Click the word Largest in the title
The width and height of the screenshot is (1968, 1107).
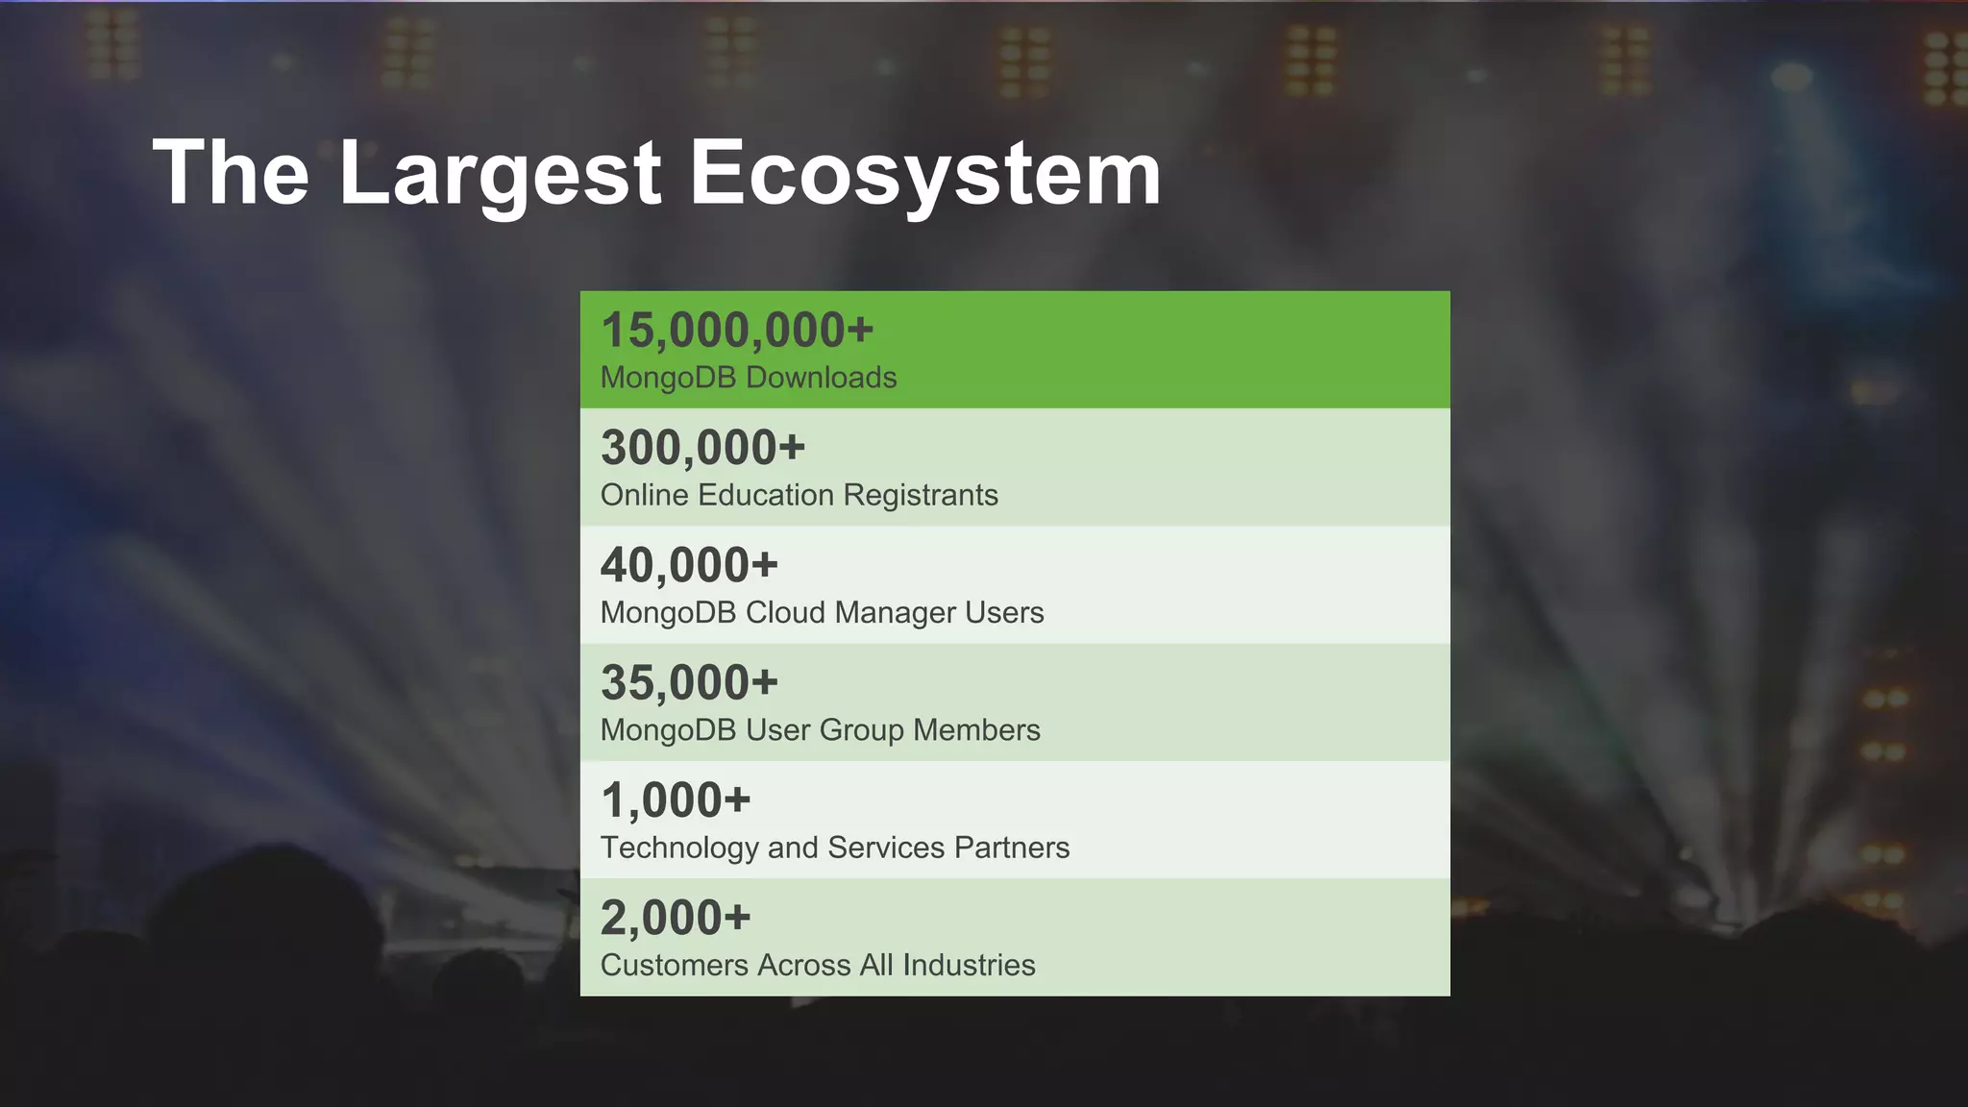pyautogui.click(x=500, y=173)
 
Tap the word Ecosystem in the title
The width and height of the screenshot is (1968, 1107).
pyautogui.click(x=925, y=173)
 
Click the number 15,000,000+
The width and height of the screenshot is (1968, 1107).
pyautogui.click(x=737, y=331)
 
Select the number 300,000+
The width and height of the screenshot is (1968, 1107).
pyautogui.click(x=702, y=448)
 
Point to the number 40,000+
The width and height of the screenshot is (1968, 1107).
pyautogui.click(x=689, y=565)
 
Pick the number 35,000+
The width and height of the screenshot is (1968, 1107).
pyautogui.click(x=689, y=683)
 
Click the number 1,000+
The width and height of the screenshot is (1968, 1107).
pyautogui.click(x=676, y=800)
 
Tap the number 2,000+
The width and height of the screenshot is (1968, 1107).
pyautogui.click(x=676, y=918)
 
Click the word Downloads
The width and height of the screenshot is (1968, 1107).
pyautogui.click(x=822, y=378)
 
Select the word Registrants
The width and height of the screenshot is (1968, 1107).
pyautogui.click(x=921, y=495)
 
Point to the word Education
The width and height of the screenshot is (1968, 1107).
pyautogui.click(x=766, y=495)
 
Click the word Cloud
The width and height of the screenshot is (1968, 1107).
pyautogui.click(x=785, y=612)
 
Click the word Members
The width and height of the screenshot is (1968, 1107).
pyautogui.click(x=976, y=730)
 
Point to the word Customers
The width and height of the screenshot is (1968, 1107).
pyautogui.click(x=674, y=965)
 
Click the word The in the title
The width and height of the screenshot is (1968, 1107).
pyautogui.click(x=231, y=173)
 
